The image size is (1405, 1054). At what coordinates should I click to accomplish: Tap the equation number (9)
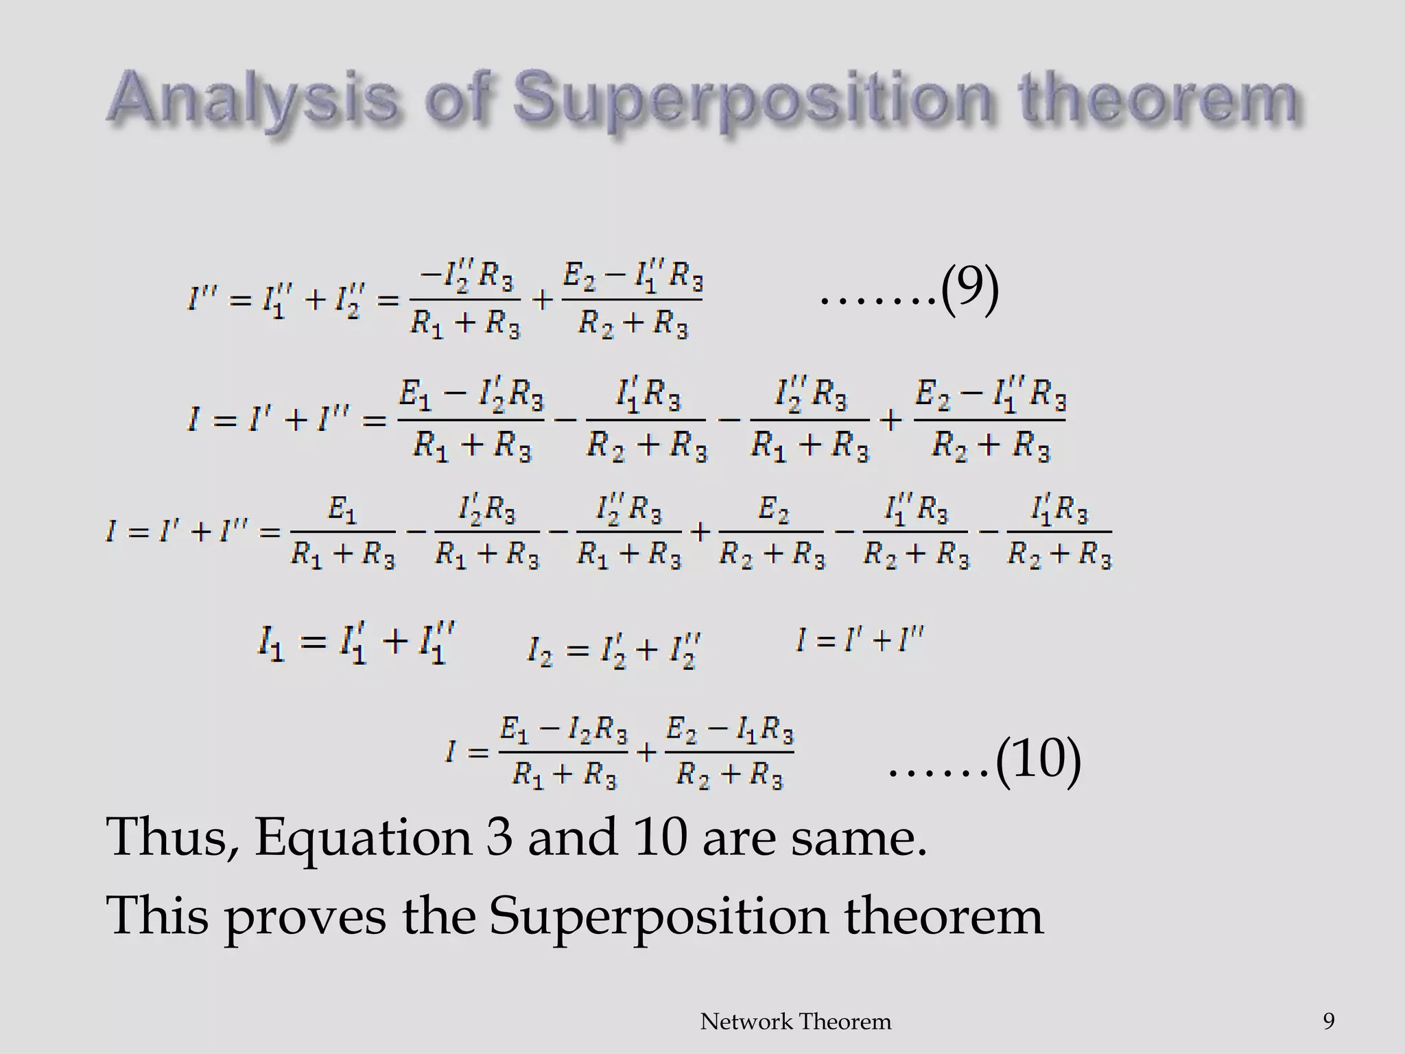coord(969,292)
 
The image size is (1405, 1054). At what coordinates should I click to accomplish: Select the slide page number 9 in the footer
coord(1328,1021)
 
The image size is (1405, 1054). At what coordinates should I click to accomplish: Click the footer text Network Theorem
coord(795,1022)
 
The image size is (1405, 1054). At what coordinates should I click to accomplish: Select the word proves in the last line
coord(305,918)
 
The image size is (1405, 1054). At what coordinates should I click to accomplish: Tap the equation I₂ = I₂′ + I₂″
coord(614,650)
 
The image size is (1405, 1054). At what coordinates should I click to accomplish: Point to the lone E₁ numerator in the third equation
coord(342,511)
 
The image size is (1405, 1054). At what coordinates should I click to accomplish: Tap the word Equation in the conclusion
coord(363,839)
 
